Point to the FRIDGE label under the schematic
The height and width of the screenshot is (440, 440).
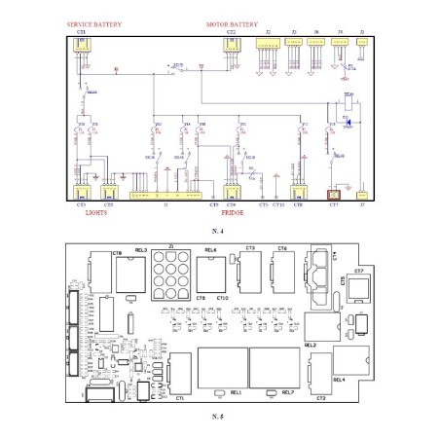coord(232,212)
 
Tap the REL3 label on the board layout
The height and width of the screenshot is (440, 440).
coord(141,251)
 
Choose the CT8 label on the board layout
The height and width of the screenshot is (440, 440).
coord(117,251)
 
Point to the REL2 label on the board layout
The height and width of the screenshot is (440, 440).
coord(338,346)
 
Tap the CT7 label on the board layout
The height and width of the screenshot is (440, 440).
coord(358,270)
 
